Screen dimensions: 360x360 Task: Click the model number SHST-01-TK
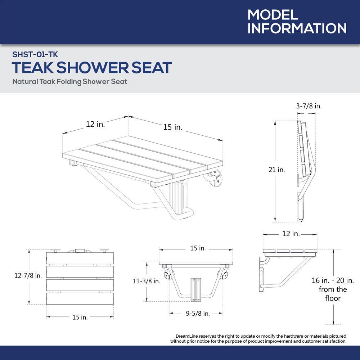tap(35, 54)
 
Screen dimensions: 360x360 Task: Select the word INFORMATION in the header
tap(297, 28)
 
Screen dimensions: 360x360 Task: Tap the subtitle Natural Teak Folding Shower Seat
tap(69, 81)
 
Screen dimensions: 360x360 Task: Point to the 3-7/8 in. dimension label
tap(309, 106)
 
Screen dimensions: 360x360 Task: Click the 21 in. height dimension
tap(276, 170)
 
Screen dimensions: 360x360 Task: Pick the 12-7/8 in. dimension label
tap(28, 275)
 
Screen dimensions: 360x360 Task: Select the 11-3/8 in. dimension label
tap(147, 281)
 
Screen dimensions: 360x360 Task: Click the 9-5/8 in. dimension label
tap(198, 313)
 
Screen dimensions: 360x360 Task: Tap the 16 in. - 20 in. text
tap(333, 280)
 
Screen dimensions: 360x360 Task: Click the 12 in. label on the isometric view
tap(95, 124)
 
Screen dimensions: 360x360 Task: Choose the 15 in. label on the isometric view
tap(173, 127)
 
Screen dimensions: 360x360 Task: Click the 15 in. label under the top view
tap(80, 317)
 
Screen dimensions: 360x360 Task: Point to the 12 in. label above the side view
tap(291, 234)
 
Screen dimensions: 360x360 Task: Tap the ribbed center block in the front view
tap(196, 290)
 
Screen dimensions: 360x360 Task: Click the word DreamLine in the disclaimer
tap(187, 336)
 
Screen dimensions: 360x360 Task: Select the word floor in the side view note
tap(333, 298)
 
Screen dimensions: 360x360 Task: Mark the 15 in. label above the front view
tap(198, 248)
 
